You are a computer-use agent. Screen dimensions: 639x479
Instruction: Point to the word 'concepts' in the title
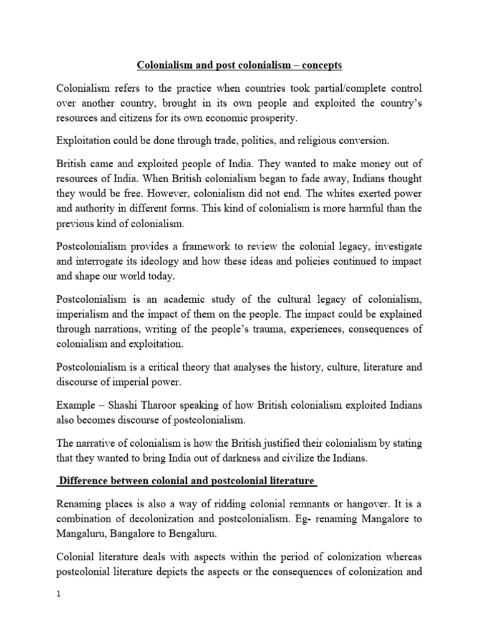[x=312, y=64]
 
